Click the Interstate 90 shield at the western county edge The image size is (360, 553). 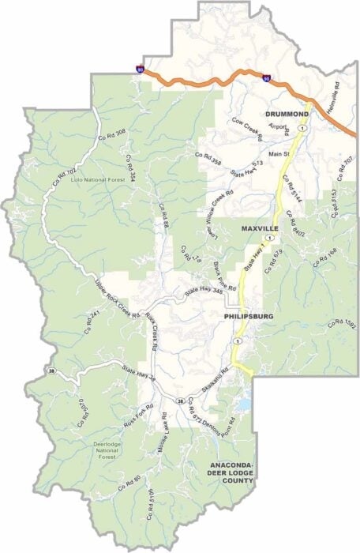click(x=141, y=70)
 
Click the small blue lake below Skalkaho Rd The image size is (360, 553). click(x=243, y=405)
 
